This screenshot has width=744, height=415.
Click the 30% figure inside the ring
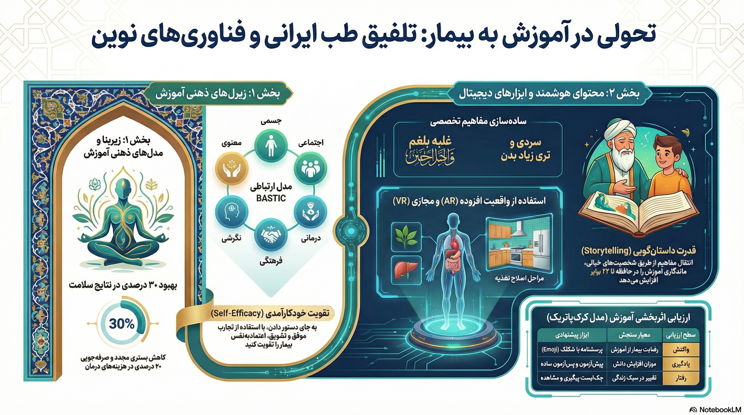coord(122,324)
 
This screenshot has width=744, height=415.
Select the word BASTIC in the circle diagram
coord(271,198)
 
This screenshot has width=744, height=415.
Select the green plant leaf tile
coord(406,236)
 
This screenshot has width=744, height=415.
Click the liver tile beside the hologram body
coord(406,270)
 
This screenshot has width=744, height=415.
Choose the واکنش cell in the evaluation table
coord(681,350)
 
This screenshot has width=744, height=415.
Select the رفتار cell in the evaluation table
coord(681,378)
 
